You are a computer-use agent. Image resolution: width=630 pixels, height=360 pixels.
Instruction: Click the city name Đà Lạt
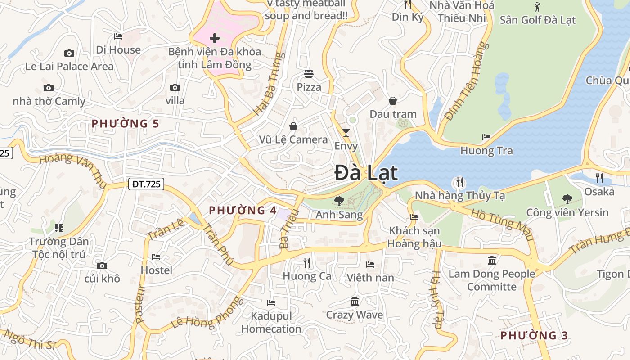click(x=366, y=173)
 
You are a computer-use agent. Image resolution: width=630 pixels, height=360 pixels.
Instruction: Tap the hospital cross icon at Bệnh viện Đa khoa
click(x=215, y=38)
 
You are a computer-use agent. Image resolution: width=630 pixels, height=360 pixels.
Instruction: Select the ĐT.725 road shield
click(x=146, y=184)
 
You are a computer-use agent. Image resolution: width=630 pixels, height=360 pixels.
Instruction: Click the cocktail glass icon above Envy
click(x=346, y=132)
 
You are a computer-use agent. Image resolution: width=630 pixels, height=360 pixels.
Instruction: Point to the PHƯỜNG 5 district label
click(x=126, y=123)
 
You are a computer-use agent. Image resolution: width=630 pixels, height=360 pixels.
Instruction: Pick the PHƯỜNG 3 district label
click(x=534, y=335)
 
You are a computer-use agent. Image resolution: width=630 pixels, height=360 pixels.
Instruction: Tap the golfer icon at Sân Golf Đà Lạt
click(x=537, y=7)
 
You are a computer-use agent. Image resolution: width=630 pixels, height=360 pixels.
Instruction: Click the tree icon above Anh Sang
click(x=339, y=201)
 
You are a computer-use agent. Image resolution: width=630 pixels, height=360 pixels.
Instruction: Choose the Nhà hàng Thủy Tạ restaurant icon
click(x=459, y=182)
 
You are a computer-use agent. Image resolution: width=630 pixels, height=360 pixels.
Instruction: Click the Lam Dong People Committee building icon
click(x=491, y=261)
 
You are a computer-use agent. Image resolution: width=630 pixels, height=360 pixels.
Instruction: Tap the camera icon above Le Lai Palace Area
click(x=69, y=53)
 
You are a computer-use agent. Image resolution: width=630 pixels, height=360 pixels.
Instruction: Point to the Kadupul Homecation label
click(x=271, y=322)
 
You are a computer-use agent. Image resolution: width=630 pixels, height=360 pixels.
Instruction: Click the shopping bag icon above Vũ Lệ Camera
click(x=293, y=126)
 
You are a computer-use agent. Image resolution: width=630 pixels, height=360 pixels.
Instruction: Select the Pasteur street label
click(x=140, y=304)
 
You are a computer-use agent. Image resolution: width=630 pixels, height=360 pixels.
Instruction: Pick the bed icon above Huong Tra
click(x=486, y=137)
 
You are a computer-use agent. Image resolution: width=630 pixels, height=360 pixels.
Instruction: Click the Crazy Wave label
click(x=355, y=315)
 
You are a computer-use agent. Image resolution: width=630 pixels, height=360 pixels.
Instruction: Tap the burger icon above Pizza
click(x=309, y=73)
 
